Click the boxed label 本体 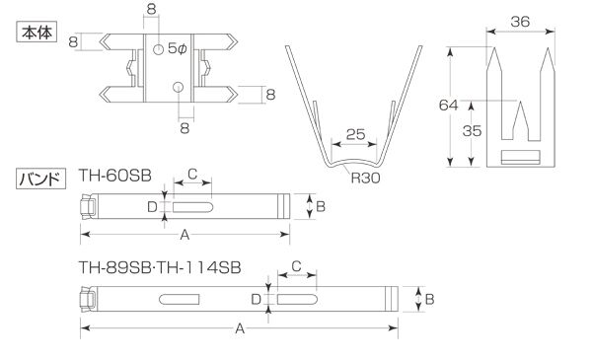[37, 32]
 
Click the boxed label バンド [41, 179]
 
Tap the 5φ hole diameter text [177, 48]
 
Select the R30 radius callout [365, 178]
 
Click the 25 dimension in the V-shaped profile [355, 134]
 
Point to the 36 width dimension [520, 22]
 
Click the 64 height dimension [449, 105]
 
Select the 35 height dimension [472, 131]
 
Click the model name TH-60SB [115, 176]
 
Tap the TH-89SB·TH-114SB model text [160, 268]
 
